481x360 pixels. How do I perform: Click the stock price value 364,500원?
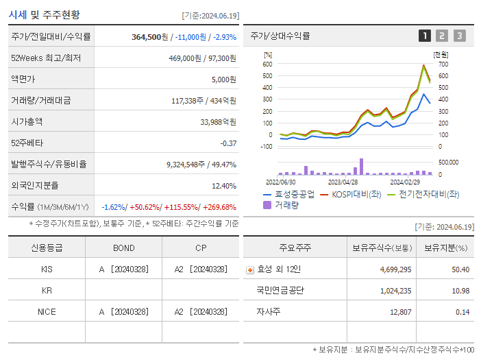click(150, 37)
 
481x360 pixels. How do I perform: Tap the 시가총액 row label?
click(27, 121)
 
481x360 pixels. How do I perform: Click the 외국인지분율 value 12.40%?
click(223, 185)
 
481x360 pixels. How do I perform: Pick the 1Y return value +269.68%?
click(219, 206)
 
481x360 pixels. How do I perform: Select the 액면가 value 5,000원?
click(222, 80)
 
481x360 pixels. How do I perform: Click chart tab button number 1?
click(425, 36)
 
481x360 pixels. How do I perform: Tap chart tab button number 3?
click(459, 36)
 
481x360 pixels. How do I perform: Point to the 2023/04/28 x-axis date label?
click(343, 182)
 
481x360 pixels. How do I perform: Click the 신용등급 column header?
click(47, 248)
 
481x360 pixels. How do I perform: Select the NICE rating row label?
click(47, 311)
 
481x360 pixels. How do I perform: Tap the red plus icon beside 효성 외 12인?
click(250, 269)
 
